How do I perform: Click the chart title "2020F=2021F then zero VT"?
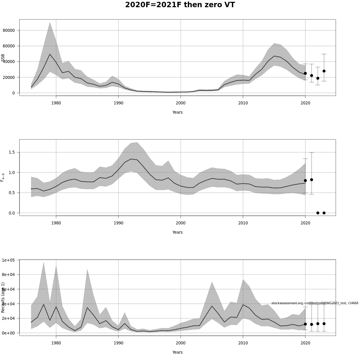pos(180,5)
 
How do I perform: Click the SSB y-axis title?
pos(3,58)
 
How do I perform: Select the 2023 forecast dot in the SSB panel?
pos(324,71)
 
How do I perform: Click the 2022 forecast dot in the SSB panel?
pos(318,78)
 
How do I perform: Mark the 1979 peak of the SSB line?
pos(50,54)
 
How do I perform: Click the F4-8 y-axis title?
pos(3,177)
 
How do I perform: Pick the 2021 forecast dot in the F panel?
pos(311,180)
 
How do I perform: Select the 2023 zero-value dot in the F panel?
pos(324,213)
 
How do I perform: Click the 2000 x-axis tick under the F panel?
pos(181,223)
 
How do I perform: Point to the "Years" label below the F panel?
pos(177,232)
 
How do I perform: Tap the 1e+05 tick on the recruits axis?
pos(10,260)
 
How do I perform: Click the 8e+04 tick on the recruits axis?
pos(10,274)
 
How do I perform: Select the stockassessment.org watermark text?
pos(315,303)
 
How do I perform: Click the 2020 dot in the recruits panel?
pos(305,324)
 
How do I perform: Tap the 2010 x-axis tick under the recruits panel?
pos(243,343)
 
